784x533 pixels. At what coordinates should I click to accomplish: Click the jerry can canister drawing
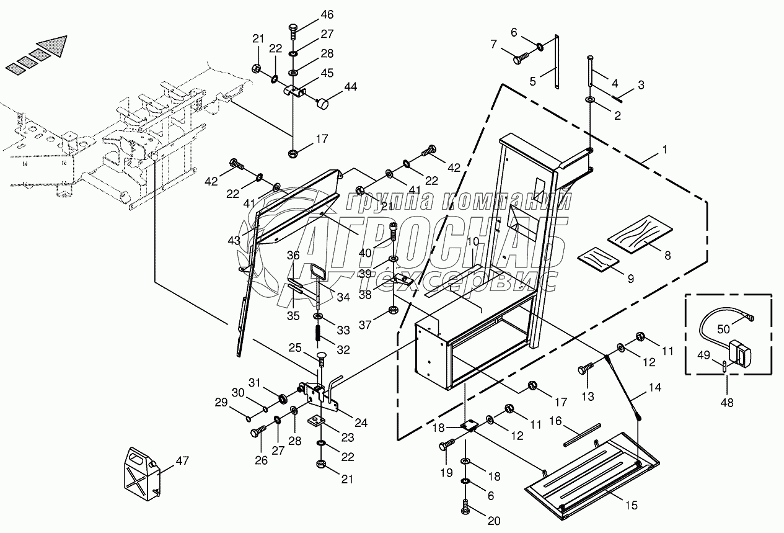pyautogui.click(x=143, y=473)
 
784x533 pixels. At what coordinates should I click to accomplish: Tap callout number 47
pyautogui.click(x=182, y=460)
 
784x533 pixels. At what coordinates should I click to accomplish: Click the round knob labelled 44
pyautogui.click(x=323, y=104)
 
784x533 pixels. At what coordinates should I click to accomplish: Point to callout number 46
pyautogui.click(x=327, y=15)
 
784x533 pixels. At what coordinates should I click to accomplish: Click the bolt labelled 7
pyautogui.click(x=521, y=58)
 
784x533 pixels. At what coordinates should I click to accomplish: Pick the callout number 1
pyautogui.click(x=665, y=150)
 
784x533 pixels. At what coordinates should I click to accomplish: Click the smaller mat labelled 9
pyautogui.click(x=598, y=259)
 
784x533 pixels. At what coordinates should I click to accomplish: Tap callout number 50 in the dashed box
pyautogui.click(x=723, y=329)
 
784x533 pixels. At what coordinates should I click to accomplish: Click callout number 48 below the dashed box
pyautogui.click(x=727, y=403)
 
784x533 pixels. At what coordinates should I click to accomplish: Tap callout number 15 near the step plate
pyautogui.click(x=632, y=505)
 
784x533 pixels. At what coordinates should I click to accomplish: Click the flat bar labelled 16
pyautogui.click(x=582, y=435)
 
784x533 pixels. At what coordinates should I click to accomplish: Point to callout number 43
pyautogui.click(x=234, y=241)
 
